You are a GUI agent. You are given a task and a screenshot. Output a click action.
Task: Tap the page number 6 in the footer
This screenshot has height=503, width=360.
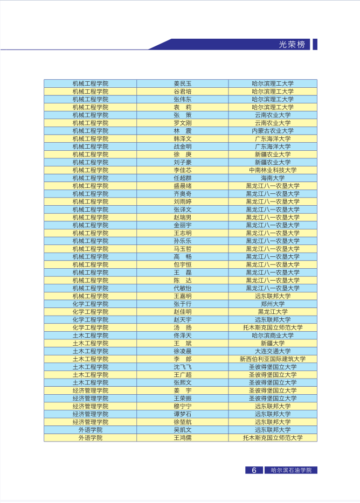tap(254, 470)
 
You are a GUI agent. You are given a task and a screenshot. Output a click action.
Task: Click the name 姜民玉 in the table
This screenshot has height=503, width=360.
tap(182, 83)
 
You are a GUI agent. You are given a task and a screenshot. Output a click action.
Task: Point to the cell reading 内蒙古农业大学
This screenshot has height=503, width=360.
tap(273, 131)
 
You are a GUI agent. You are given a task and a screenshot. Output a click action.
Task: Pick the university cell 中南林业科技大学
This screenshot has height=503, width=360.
tap(273, 170)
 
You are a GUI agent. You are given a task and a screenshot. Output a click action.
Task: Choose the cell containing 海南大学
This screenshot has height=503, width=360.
tap(273, 178)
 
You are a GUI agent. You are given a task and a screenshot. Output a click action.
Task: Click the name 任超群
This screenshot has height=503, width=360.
tap(182, 178)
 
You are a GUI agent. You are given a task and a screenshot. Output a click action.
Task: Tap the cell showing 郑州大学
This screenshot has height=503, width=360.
tap(273, 304)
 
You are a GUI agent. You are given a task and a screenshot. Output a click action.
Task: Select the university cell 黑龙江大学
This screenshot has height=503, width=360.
tap(273, 312)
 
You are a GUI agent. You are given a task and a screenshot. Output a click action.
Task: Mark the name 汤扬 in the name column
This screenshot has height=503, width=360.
tap(182, 327)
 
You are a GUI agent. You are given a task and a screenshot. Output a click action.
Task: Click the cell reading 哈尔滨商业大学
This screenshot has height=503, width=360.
tap(273, 336)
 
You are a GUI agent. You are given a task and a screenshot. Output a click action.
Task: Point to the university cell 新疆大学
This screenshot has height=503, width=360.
tap(273, 343)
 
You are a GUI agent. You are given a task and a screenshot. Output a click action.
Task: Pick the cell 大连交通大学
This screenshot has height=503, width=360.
tap(273, 351)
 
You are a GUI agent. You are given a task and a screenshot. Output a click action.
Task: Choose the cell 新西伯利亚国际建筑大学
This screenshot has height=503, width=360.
tap(273, 359)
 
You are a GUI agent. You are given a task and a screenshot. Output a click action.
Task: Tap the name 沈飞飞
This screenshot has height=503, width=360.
tap(182, 367)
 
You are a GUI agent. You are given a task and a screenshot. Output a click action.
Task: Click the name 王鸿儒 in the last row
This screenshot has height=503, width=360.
tap(182, 438)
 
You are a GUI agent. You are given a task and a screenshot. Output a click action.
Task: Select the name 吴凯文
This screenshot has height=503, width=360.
tap(182, 430)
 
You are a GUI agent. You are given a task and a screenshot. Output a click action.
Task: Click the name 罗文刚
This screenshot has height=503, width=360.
tap(182, 123)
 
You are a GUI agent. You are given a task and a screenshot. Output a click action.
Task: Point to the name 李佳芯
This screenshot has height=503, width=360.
tap(182, 170)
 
